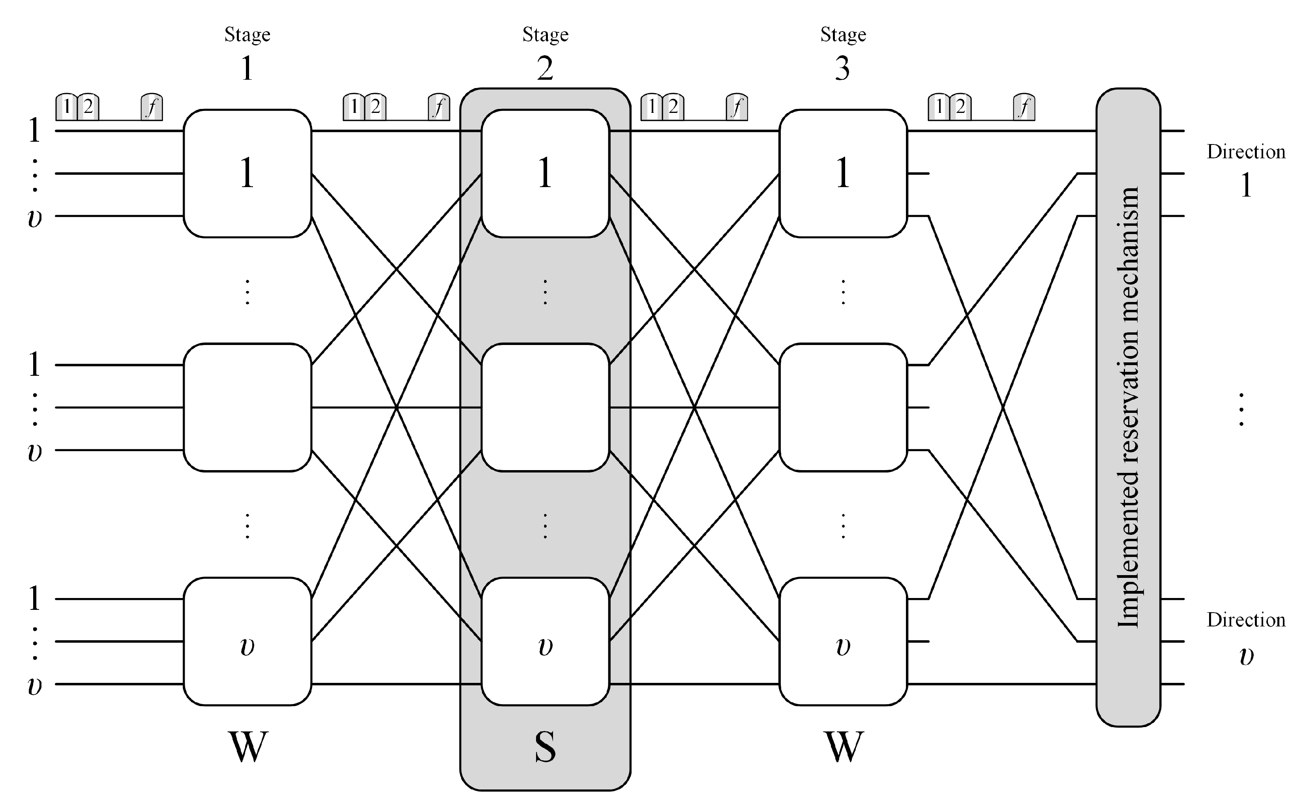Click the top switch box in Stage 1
[x=247, y=173]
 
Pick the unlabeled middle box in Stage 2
[x=545, y=407]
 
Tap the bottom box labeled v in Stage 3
[x=843, y=641]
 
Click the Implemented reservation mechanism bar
[x=1128, y=407]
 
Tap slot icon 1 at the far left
[x=66, y=107]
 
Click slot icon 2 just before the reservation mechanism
[x=960, y=107]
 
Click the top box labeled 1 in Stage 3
[x=843, y=173]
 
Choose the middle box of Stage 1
[x=247, y=407]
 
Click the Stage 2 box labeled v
[x=545, y=641]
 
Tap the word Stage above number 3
[x=843, y=35]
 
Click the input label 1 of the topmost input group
[x=34, y=130]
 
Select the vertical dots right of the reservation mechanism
[x=1241, y=409]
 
